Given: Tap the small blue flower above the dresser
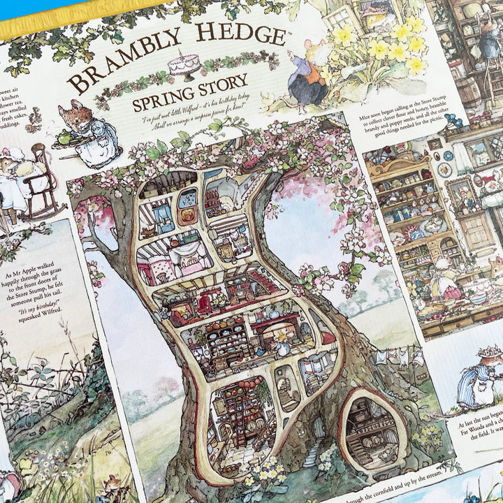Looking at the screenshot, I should pos(457,120).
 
